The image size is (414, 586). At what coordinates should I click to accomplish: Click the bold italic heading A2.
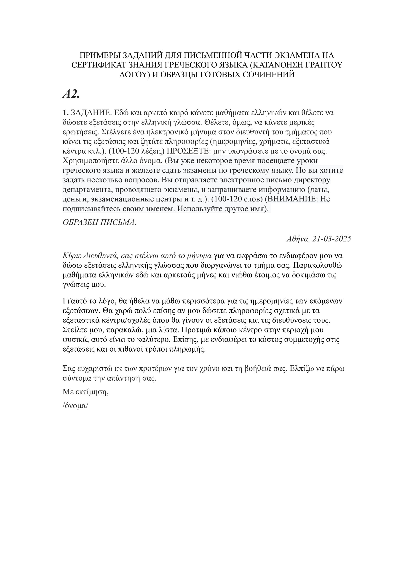[x=71, y=95]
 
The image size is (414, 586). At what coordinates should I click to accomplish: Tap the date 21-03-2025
[x=332, y=239]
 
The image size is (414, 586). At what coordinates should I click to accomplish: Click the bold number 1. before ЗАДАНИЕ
[x=66, y=113]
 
